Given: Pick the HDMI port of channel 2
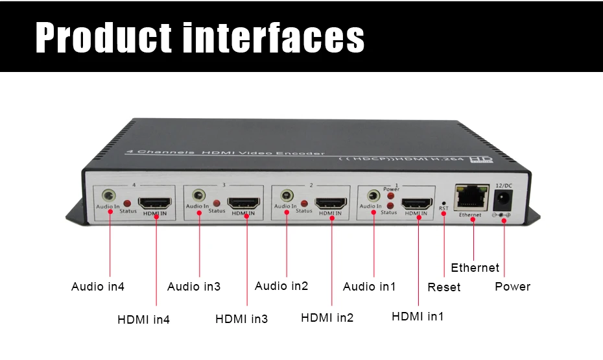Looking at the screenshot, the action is tap(331, 202).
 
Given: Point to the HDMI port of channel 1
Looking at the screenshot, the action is tap(417, 202).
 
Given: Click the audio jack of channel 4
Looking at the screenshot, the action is tap(110, 195).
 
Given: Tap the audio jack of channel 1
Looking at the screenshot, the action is tap(373, 195).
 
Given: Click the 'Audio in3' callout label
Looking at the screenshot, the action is tap(194, 287).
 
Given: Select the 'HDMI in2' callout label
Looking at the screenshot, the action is tap(327, 318).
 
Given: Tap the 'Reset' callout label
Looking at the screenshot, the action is tap(444, 287).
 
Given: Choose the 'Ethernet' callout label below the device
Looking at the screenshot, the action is tap(475, 268).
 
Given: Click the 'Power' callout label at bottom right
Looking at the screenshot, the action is tap(513, 287).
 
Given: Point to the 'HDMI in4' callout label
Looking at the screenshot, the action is tap(143, 320).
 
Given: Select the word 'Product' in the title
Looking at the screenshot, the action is tap(104, 38).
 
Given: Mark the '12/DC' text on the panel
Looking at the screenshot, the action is tap(504, 186).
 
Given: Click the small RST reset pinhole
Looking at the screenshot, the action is tap(444, 202).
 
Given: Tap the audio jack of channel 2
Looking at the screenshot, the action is tap(286, 195).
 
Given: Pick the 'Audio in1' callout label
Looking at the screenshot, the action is tap(370, 287).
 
